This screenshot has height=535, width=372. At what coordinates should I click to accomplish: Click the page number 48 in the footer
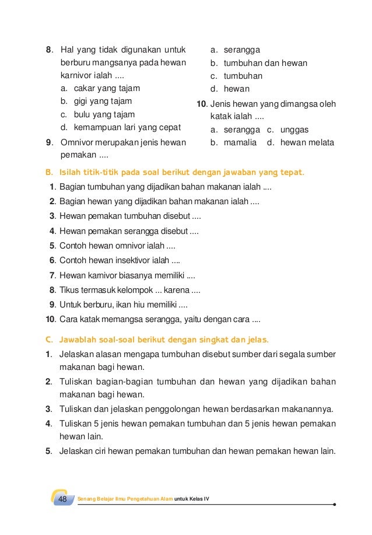[62, 500]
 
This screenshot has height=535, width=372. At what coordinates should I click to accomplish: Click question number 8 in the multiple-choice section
[49, 50]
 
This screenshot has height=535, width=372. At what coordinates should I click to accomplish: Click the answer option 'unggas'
[294, 130]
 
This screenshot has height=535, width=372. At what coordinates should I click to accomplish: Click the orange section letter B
[48, 173]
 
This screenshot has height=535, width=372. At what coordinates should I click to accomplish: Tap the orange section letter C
[48, 339]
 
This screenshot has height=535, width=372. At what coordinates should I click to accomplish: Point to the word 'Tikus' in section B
[70, 290]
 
